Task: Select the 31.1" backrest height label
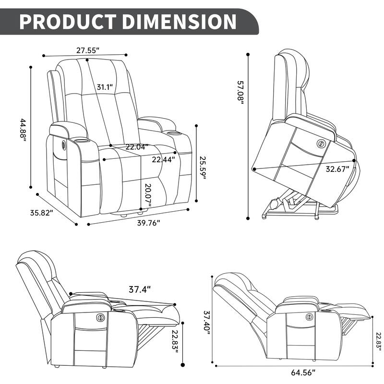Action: tap(104, 87)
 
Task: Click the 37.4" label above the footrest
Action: tap(140, 289)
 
